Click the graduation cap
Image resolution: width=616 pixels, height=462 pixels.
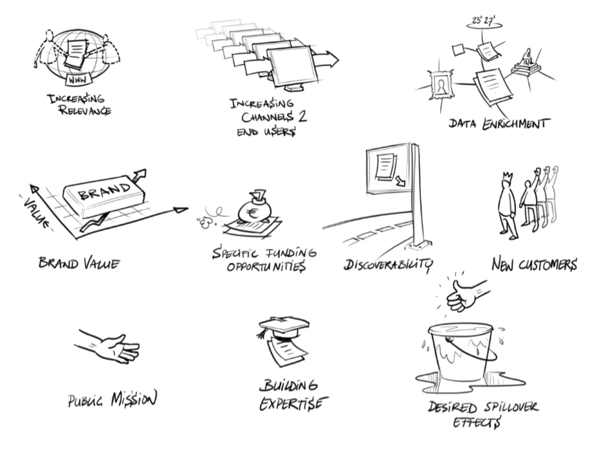pyautogui.click(x=285, y=326)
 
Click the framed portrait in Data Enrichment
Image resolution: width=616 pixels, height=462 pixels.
pyautogui.click(x=441, y=85)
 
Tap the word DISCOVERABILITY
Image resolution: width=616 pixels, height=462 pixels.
pyautogui.click(x=388, y=265)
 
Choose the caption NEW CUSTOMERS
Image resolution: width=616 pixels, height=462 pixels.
pyautogui.click(x=534, y=265)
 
